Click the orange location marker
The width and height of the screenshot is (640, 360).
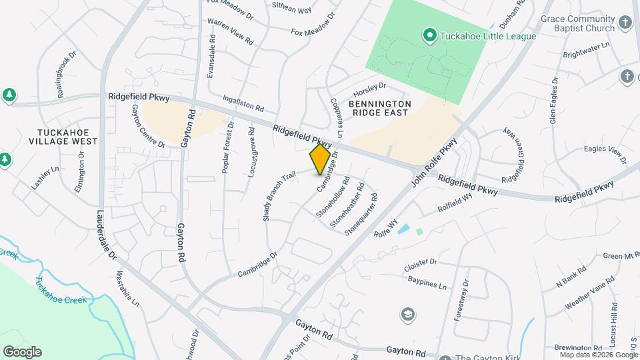[321, 159]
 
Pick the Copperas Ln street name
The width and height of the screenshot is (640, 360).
[336, 118]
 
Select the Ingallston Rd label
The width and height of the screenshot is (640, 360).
[244, 102]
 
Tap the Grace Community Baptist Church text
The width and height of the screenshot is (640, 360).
[578, 24]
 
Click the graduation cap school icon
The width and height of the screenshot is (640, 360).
[407, 313]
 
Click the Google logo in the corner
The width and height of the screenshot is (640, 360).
[22, 352]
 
